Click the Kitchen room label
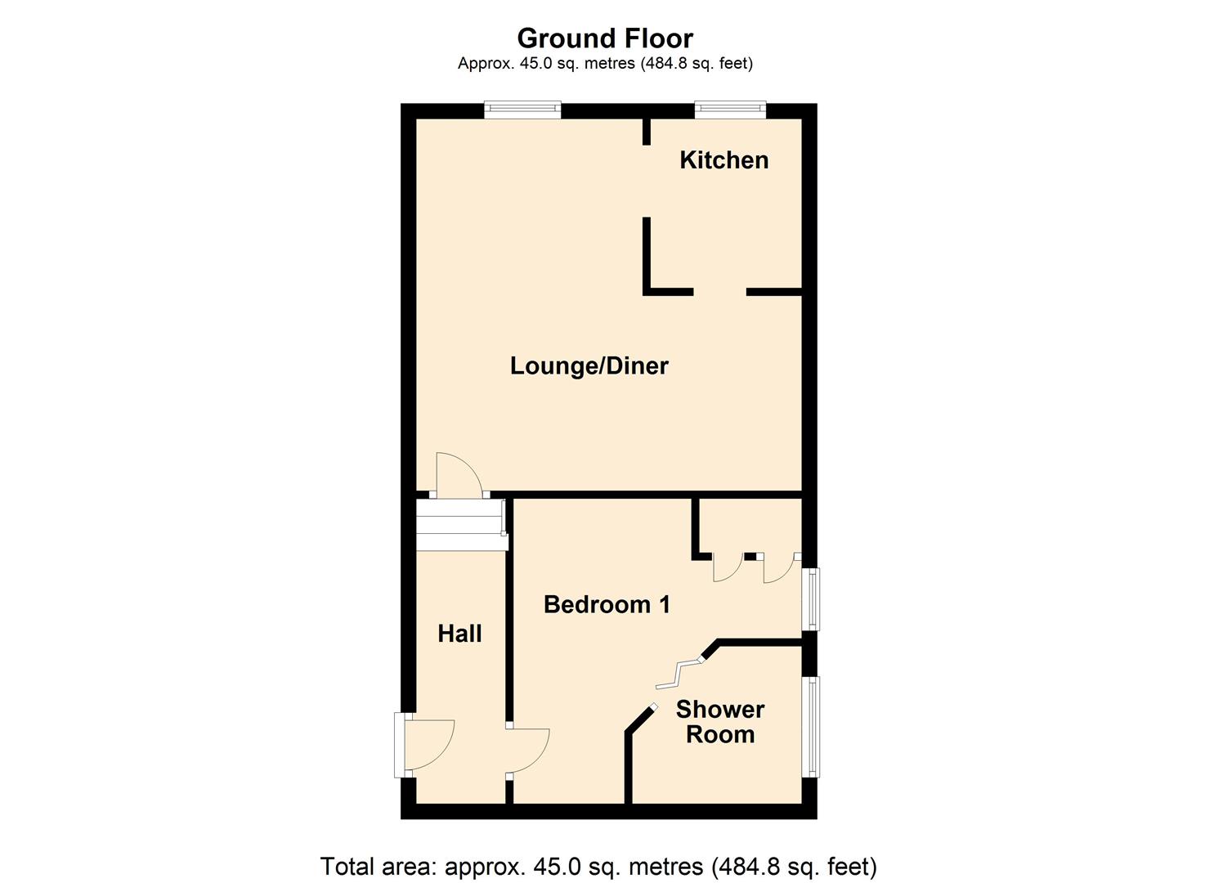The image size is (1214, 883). [723, 159]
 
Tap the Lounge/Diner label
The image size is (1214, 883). [589, 365]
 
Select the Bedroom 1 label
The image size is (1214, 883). [607, 604]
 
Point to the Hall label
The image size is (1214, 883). [459, 633]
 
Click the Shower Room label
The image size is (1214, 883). [719, 721]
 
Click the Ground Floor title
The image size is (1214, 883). [605, 38]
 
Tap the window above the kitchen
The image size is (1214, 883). [730, 109]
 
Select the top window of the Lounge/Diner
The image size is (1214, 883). [522, 109]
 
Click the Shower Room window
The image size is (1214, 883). [812, 726]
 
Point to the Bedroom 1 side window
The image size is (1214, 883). [812, 599]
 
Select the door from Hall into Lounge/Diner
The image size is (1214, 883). [456, 476]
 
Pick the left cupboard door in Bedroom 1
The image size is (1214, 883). [727, 568]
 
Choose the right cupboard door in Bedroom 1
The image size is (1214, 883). [778, 568]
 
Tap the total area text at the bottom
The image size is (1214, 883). [598, 866]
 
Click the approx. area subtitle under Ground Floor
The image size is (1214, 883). [605, 63]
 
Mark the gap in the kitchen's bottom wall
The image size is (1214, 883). [719, 291]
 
